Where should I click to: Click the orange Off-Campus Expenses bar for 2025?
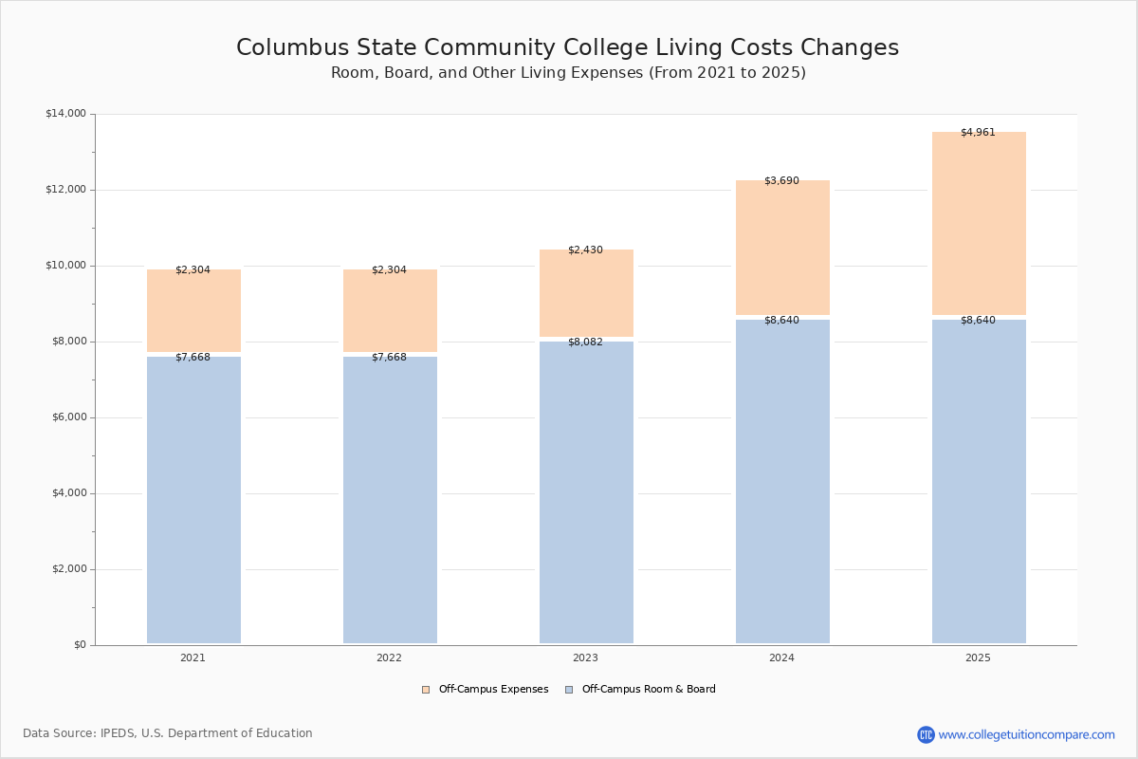tap(979, 224)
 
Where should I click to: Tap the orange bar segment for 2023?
tap(586, 294)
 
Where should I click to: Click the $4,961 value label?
tap(978, 133)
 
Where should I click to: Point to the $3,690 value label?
tap(781, 181)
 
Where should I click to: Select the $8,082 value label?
tap(585, 342)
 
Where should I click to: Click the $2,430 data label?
tap(585, 250)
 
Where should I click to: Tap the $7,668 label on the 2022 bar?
tap(389, 358)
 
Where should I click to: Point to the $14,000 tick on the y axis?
tap(65, 114)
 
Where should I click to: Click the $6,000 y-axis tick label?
tap(65, 417)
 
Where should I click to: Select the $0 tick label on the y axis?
tap(79, 645)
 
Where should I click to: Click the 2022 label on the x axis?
tap(389, 658)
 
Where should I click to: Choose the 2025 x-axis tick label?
tap(978, 658)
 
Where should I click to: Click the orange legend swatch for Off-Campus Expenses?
tap(426, 690)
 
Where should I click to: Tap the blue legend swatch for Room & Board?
tap(569, 690)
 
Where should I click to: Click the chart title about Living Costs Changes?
tap(567, 48)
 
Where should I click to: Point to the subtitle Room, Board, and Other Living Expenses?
tap(568, 73)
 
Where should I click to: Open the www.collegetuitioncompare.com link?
tap(1026, 734)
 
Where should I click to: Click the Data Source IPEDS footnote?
tap(168, 733)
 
